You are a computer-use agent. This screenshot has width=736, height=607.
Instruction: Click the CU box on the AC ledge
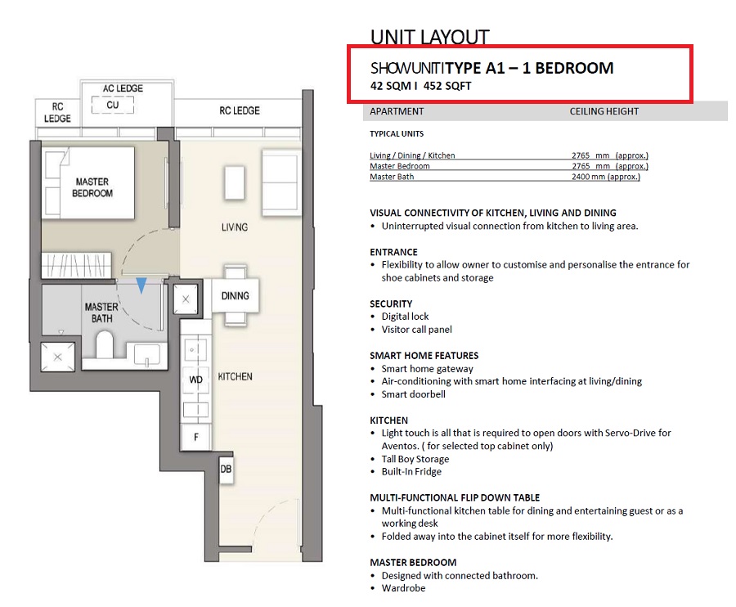113,105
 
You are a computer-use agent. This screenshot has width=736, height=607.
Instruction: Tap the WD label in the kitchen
195,380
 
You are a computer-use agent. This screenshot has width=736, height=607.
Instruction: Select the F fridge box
196,437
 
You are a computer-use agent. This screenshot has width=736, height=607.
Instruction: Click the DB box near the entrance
226,469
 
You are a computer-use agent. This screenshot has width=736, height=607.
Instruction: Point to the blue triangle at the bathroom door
141,285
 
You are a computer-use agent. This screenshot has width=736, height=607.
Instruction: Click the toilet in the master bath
105,344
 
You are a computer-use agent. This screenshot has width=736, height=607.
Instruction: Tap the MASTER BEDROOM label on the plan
92,187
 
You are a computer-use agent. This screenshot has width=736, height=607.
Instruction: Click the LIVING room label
235,227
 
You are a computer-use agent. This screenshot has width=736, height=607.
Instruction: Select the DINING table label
236,296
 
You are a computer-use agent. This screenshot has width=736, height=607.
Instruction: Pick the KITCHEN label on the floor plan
236,376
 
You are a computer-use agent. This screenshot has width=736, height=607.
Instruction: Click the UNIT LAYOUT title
429,37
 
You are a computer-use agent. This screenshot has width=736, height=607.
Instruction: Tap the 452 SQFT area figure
447,86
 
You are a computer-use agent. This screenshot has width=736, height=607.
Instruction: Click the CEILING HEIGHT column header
604,111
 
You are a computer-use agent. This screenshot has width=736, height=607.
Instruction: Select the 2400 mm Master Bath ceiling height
605,177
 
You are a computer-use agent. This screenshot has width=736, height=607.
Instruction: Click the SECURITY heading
391,303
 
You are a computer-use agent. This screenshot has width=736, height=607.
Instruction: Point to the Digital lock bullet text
405,317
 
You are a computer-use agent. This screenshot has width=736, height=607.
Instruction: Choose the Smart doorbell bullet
414,394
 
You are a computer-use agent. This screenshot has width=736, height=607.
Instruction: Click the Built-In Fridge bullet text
411,472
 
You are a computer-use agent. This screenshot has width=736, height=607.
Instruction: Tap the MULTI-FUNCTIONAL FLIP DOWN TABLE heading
455,497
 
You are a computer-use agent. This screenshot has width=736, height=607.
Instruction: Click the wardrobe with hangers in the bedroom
77,265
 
